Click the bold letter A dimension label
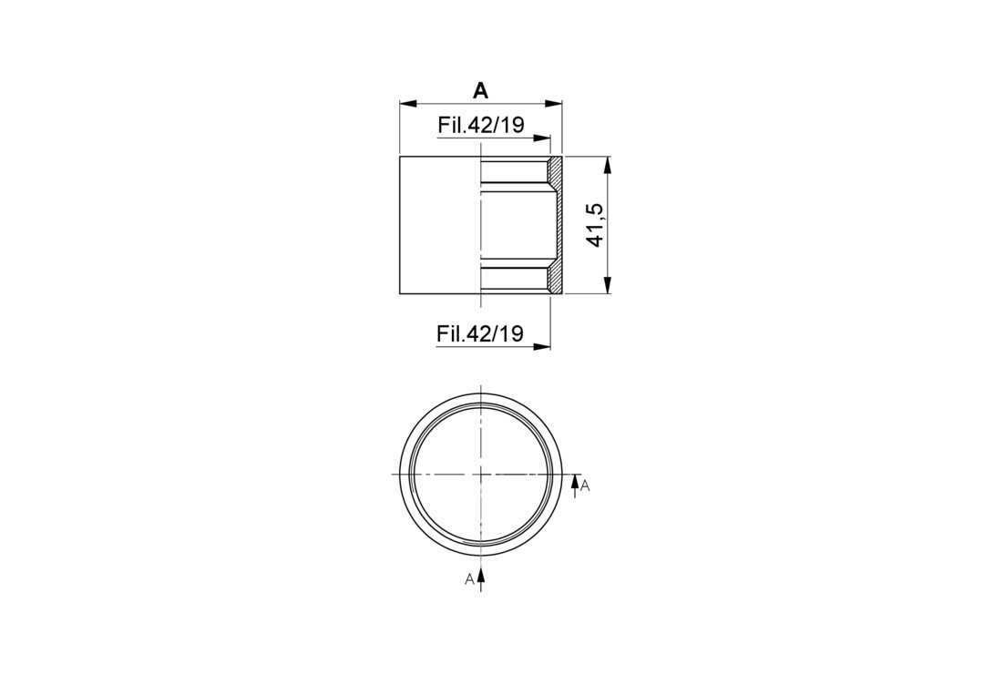[480, 92]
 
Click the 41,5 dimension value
[595, 225]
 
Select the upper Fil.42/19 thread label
[481, 126]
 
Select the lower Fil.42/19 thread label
[480, 333]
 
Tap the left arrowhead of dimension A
[408, 104]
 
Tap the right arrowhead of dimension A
[554, 104]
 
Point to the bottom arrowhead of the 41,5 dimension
[607, 285]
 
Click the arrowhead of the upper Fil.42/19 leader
[542, 138]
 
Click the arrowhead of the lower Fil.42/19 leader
[542, 345]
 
